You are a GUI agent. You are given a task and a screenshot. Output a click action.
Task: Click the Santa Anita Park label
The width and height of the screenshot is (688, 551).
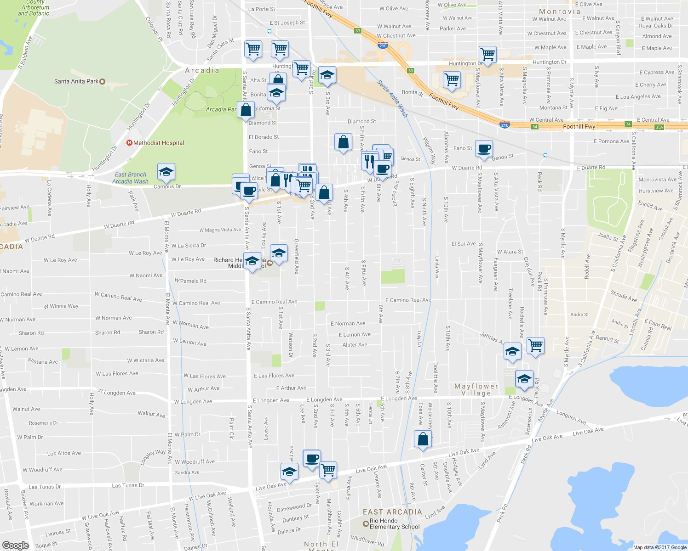coord(76,81)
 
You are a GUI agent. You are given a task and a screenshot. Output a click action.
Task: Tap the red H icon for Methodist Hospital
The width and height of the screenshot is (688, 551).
coord(129,143)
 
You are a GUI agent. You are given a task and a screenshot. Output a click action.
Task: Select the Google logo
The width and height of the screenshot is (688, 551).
coord(15,545)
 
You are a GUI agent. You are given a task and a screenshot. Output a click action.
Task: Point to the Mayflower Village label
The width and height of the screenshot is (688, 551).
coord(476,389)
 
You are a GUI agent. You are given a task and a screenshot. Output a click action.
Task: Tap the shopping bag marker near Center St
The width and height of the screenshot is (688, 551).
coord(423,439)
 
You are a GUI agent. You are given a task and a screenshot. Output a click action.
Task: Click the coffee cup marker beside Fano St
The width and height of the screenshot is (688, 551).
coord(484,149)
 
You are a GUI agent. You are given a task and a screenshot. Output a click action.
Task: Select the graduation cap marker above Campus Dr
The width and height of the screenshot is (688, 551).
coord(166,172)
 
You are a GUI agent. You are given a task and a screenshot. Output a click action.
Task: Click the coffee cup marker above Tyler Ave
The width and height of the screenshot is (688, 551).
coord(312,459)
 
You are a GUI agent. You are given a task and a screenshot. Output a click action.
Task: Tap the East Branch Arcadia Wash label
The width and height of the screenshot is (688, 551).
coord(130,178)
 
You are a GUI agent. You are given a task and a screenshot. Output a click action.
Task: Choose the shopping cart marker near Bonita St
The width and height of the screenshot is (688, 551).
coord(452,79)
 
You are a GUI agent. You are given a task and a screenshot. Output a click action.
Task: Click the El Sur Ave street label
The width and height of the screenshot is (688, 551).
coord(463,244)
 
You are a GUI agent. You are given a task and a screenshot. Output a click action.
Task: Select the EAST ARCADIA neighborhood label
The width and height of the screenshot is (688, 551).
coord(392,512)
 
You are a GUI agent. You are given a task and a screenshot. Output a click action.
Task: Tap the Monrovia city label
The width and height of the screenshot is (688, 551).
coord(560,11)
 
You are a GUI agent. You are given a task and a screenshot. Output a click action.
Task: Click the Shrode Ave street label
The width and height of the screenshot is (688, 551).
coord(624,296)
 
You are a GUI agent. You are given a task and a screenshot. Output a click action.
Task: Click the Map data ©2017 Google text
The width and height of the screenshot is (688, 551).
coord(659,547)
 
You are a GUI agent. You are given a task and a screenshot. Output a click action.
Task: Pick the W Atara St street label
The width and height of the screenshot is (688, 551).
coord(510,252)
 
